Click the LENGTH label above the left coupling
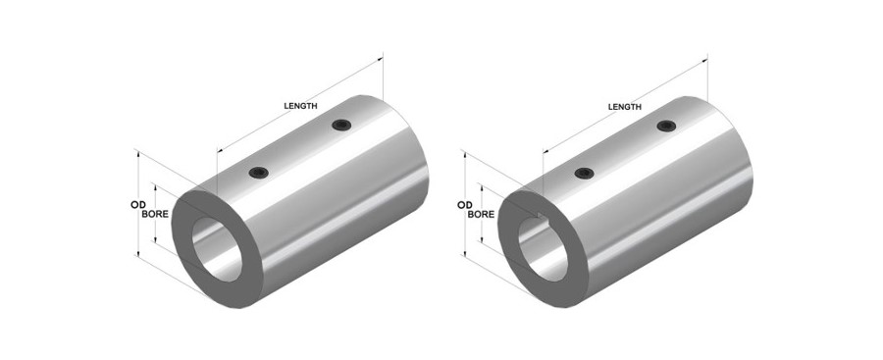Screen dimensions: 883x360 click(x=300, y=105)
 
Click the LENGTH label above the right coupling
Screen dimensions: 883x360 click(x=625, y=107)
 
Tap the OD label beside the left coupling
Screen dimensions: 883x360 click(x=138, y=204)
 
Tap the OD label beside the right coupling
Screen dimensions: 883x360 click(x=465, y=204)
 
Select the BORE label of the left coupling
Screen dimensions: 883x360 click(x=155, y=214)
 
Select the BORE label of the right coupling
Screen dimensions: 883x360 click(x=481, y=214)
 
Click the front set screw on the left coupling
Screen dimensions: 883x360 click(x=258, y=173)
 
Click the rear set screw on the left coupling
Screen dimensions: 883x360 click(x=341, y=125)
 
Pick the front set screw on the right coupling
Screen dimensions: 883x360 click(x=585, y=173)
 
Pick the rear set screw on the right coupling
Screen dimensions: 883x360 click(x=666, y=126)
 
